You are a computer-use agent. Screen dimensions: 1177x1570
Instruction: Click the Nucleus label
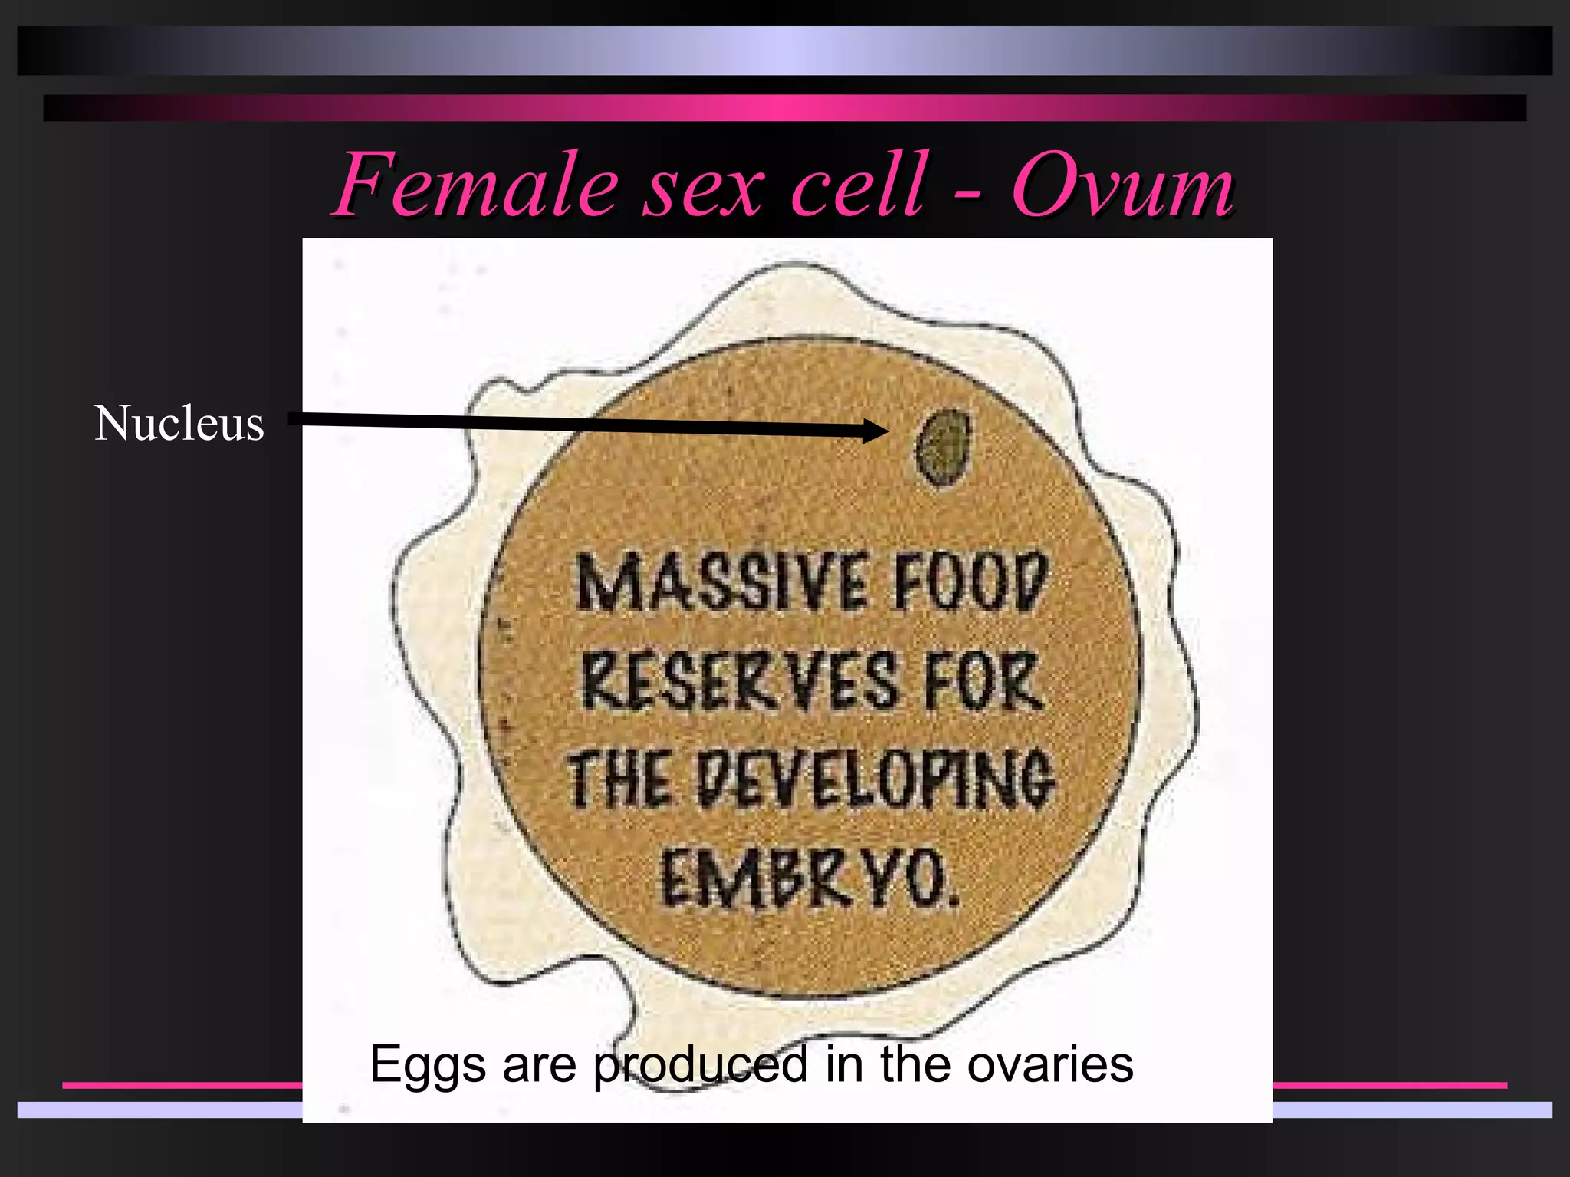[179, 424]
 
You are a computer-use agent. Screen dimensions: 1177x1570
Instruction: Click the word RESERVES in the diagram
[740, 681]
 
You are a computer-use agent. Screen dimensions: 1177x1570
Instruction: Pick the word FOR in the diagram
[984, 681]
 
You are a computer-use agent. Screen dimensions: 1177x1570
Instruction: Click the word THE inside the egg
[618, 779]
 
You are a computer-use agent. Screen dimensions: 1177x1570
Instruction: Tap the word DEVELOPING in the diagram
[875, 779]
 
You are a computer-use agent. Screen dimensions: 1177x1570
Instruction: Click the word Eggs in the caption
[428, 1065]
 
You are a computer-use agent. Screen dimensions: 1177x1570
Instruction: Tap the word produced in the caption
[701, 1065]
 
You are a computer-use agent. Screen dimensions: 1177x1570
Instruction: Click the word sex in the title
[703, 186]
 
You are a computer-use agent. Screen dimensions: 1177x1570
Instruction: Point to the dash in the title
[968, 192]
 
